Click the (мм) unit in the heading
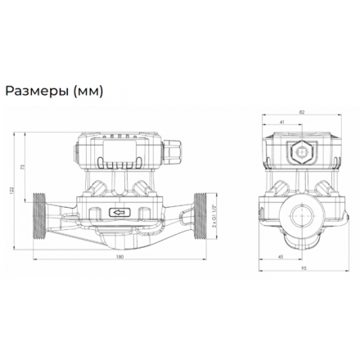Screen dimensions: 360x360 pyautogui.click(x=88, y=92)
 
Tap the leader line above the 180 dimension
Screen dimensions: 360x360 pyautogui.click(x=119, y=249)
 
